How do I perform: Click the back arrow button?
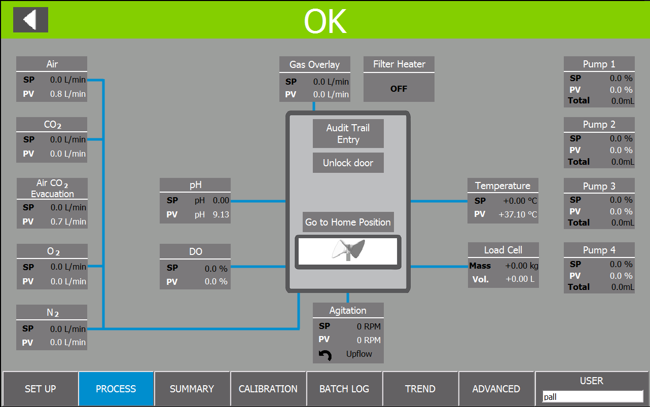point(30,20)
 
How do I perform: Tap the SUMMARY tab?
point(192,389)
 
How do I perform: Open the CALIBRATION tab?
point(268,389)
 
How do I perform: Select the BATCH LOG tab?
point(344,389)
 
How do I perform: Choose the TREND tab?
point(420,389)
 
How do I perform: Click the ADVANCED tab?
point(496,389)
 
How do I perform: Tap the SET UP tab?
point(41,389)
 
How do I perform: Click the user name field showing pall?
point(593,396)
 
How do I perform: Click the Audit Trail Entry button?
point(348,133)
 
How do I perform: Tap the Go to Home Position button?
point(348,222)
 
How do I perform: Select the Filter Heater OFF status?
point(399,89)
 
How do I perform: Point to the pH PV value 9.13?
point(221,214)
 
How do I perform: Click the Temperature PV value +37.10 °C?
point(518,214)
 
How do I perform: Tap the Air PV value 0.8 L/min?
point(68,94)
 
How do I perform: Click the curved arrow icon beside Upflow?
point(326,355)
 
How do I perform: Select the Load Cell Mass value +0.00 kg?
point(521,266)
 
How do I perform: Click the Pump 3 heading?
point(599,186)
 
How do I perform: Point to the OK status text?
point(325,21)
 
